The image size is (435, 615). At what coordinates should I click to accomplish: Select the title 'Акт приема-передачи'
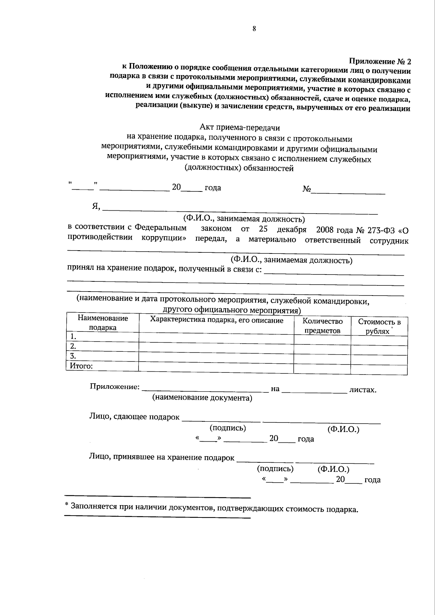coord(240,128)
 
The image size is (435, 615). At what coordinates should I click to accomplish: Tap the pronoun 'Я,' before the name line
coord(96,206)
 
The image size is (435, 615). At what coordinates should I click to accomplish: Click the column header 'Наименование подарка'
coord(103,323)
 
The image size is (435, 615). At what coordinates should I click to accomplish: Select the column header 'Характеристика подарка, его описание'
coord(216,320)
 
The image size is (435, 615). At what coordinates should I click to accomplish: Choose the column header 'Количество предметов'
coord(322,326)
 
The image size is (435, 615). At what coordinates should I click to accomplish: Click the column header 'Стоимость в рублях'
coord(379,326)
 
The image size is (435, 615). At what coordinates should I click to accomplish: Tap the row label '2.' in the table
coord(73,346)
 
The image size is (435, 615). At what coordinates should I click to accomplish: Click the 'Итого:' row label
coord(81,366)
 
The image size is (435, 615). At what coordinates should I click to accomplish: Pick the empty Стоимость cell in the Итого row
coord(379,369)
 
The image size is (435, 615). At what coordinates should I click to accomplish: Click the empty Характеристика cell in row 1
coord(216,337)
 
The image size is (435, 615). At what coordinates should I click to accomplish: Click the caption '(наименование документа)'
coord(202,398)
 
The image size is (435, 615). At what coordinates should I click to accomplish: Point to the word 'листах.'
coord(362,390)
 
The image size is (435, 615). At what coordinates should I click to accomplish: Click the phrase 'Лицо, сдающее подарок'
coord(134,417)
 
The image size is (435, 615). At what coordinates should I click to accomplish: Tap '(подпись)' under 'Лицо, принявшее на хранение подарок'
coord(275,469)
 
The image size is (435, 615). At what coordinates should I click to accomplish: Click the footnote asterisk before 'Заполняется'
coord(66,505)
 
